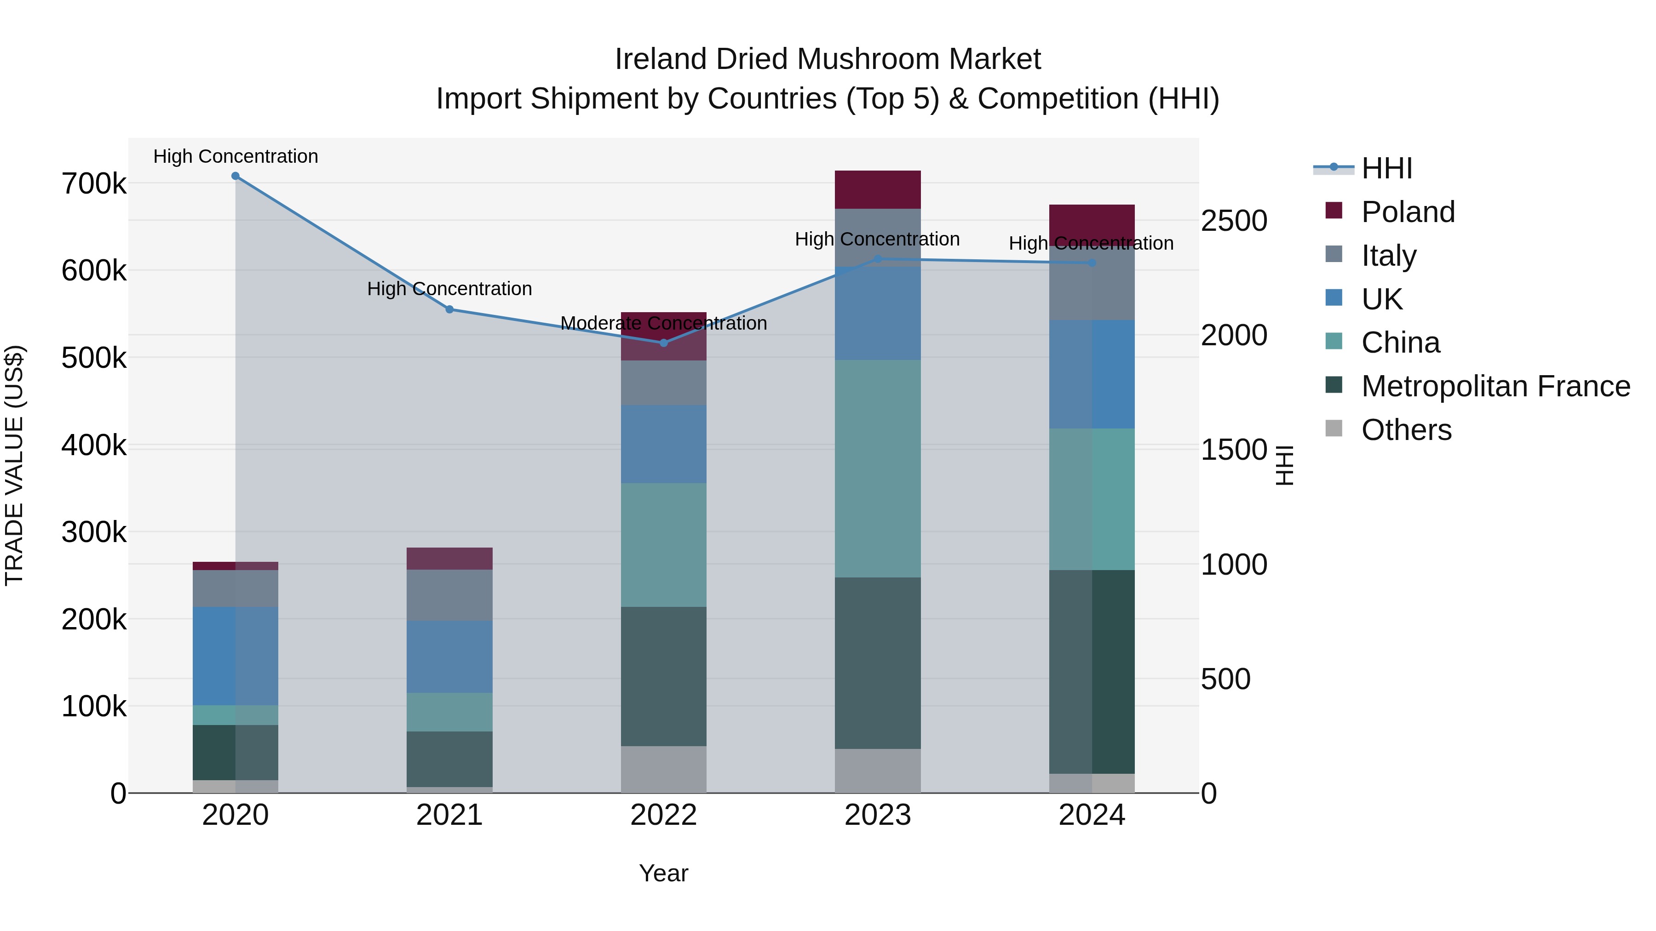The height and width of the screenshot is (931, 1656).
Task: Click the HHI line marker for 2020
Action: [x=235, y=176]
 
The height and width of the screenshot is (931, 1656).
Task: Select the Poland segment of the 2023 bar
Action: [x=878, y=189]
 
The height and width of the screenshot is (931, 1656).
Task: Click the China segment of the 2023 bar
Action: [x=878, y=468]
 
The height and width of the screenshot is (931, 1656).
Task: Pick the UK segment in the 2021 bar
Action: [x=449, y=657]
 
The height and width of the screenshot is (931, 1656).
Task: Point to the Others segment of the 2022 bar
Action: [x=663, y=769]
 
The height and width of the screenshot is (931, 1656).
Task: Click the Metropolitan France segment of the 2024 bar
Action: [x=1092, y=671]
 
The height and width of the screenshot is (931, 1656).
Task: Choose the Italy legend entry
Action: [x=1389, y=256]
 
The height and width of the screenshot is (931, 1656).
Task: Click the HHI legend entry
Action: [x=1386, y=168]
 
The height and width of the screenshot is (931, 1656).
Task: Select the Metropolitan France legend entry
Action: [x=1495, y=386]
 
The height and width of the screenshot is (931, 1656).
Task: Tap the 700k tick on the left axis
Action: [x=94, y=184]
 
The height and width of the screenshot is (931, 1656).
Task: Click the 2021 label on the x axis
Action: [x=449, y=815]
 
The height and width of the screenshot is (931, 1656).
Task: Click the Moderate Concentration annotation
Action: [x=663, y=323]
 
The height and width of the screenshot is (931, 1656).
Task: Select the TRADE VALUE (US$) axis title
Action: [x=14, y=465]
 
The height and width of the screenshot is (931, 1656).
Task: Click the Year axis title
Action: [x=663, y=873]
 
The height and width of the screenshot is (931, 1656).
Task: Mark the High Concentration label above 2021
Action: [x=449, y=288]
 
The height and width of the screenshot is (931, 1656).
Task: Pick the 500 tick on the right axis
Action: [x=1225, y=679]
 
